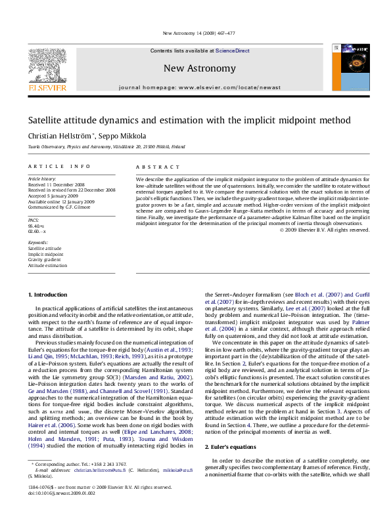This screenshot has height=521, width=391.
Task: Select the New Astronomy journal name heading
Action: pos(199,68)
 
